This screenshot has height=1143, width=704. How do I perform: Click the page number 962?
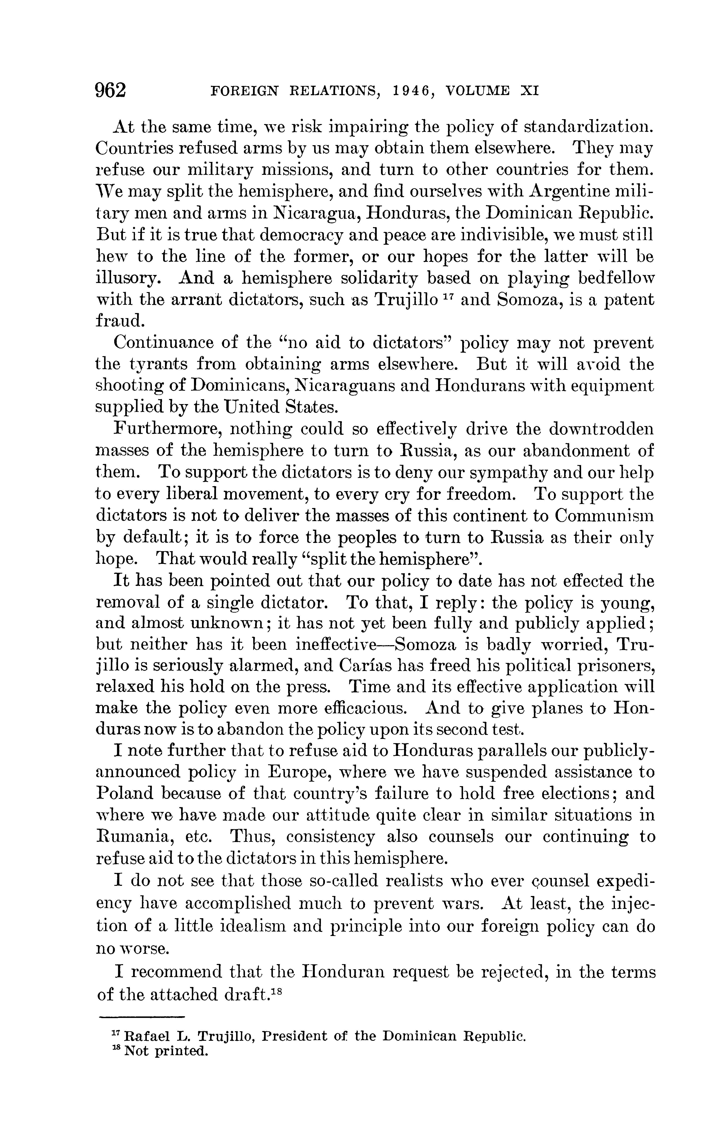[110, 89]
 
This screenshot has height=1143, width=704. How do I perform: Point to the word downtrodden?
[601, 428]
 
